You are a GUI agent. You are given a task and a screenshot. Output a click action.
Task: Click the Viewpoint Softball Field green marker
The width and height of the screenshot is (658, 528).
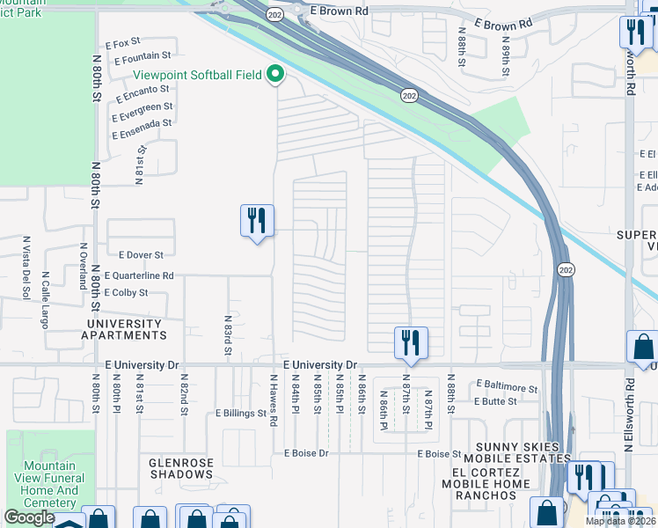point(275,75)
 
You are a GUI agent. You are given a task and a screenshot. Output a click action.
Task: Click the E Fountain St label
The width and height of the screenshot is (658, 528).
point(142,57)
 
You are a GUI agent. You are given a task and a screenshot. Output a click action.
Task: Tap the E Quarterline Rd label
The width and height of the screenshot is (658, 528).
point(138,275)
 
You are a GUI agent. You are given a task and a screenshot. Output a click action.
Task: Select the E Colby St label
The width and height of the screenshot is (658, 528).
point(124,292)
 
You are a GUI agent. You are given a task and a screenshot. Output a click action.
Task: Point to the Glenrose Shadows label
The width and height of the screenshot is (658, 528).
point(180,467)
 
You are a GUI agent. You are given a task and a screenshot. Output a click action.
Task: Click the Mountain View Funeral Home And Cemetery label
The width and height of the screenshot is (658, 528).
point(50,485)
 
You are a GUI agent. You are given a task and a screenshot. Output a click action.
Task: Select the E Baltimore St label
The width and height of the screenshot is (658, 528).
point(507,385)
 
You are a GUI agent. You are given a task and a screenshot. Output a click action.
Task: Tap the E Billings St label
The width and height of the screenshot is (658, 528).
point(241,413)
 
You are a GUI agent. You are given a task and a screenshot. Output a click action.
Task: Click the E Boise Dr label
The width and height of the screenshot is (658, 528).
point(306,453)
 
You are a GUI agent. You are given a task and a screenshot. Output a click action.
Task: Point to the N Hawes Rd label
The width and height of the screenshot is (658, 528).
point(274,400)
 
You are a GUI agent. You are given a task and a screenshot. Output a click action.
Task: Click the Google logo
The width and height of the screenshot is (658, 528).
point(28,517)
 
